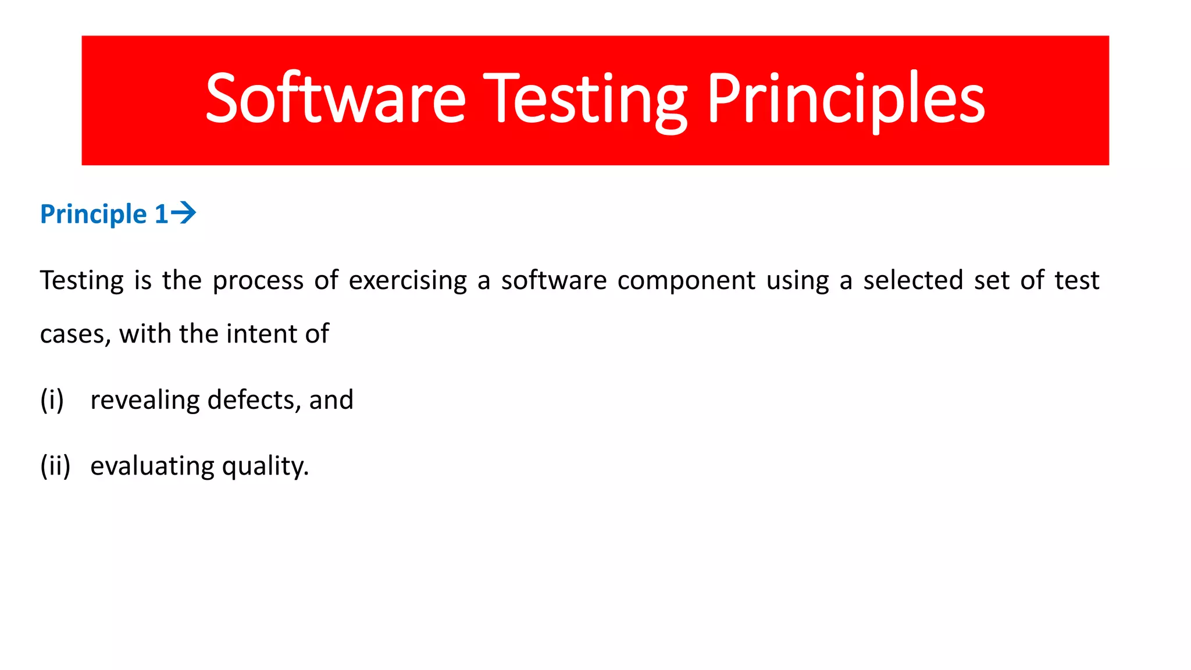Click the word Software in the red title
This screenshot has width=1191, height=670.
point(336,99)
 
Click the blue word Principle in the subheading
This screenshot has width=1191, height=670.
point(93,214)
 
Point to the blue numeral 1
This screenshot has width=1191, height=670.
point(161,214)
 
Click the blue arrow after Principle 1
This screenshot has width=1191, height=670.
point(184,213)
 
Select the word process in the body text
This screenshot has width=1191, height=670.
point(258,281)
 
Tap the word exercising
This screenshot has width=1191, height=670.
point(408,281)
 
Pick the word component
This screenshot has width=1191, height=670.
point(686,281)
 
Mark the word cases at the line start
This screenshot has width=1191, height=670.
point(75,334)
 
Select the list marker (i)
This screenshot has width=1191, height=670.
point(52,400)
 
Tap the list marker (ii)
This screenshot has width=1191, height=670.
point(55,466)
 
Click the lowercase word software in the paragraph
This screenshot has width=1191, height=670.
point(554,280)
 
